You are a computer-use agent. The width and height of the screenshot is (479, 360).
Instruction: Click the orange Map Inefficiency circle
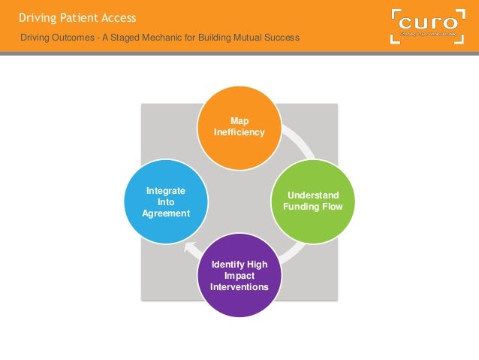(239, 128)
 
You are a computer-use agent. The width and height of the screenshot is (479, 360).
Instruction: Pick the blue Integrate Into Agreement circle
(165, 201)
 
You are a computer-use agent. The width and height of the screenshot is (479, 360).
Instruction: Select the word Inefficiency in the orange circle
(239, 132)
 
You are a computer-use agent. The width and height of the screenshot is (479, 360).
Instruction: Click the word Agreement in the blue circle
(165, 213)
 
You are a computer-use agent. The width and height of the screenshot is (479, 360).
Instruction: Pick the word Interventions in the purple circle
(239, 286)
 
